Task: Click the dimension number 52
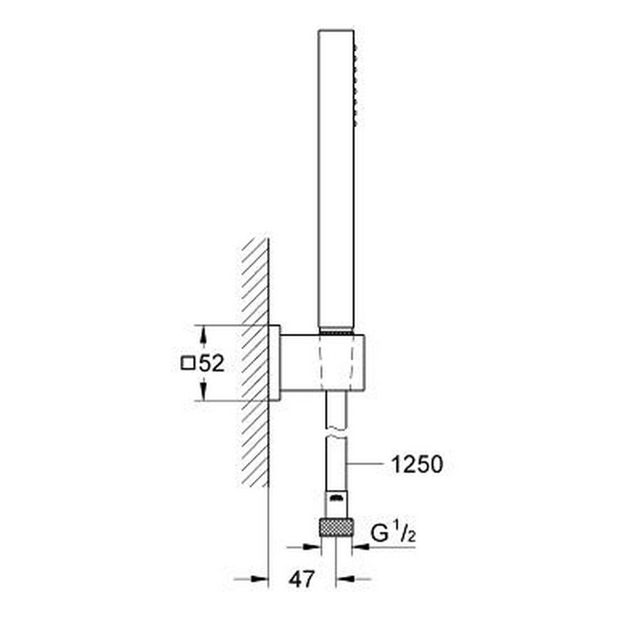click(x=211, y=364)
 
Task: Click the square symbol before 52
click(x=187, y=364)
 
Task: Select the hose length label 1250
click(x=417, y=464)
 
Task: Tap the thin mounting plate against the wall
click(x=275, y=363)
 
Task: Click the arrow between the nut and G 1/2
click(x=362, y=547)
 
